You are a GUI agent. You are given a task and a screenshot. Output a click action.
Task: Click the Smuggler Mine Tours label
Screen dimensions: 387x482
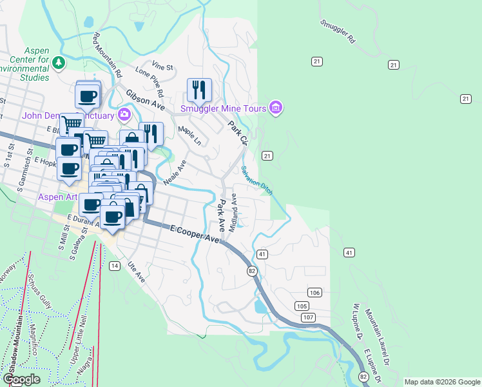[x=224, y=108]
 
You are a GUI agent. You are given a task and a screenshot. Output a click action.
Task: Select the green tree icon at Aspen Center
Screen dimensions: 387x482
[x=59, y=63]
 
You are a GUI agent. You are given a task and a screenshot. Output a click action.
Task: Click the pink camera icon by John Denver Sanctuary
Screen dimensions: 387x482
[x=124, y=115]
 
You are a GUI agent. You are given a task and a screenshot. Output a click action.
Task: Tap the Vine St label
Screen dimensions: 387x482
[x=163, y=66]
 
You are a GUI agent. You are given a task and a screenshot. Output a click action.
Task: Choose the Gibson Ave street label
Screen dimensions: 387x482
[x=146, y=98]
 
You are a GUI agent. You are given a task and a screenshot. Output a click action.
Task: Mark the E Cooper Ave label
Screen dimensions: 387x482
[x=196, y=233]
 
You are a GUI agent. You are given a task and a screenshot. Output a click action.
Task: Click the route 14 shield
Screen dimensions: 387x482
[x=114, y=266]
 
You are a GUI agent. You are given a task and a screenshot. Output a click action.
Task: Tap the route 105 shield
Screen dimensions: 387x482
[x=302, y=305]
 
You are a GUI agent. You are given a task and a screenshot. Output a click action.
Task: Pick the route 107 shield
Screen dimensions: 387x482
[x=309, y=318]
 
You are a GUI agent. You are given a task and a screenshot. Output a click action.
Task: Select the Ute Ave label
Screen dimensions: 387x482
[x=137, y=270]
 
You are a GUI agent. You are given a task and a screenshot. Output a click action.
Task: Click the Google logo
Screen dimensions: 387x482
[x=21, y=379]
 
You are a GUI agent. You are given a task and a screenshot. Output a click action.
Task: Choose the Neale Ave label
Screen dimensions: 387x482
[x=174, y=172]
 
